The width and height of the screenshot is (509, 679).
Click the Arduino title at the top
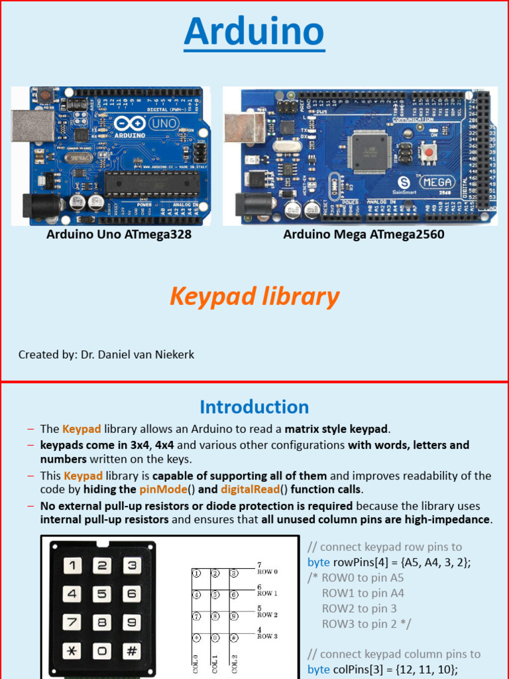coord(254,32)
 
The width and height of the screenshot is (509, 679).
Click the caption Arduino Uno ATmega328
coord(119,235)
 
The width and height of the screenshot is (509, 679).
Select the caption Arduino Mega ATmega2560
coord(364,235)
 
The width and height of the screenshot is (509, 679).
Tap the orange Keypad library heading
coord(254,296)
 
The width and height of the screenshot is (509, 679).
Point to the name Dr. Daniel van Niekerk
coord(137,355)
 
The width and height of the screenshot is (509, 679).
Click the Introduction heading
coord(254,406)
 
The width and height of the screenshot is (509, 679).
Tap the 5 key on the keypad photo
coord(102,594)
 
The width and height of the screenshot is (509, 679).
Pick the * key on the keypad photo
coord(72,650)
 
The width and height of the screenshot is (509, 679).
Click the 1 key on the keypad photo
coord(72,566)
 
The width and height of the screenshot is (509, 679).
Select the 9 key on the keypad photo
coord(132,623)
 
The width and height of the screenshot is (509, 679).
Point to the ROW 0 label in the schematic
coord(267,572)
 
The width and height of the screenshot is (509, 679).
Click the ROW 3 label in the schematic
coord(267,637)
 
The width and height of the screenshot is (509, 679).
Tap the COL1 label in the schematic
coord(215,664)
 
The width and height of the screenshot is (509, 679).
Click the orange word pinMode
coord(156,490)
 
